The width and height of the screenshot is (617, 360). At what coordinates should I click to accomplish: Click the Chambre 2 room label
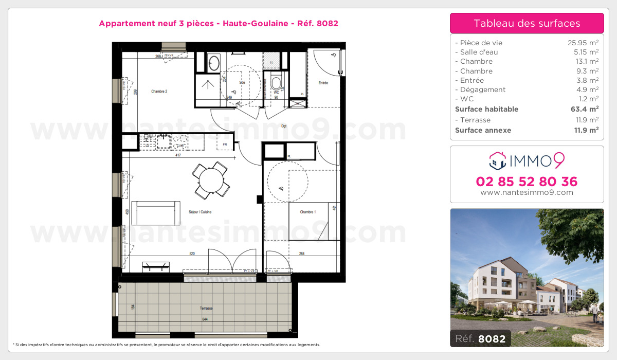pos(159,92)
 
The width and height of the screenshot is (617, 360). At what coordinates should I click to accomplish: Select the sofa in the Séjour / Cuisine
pos(156,213)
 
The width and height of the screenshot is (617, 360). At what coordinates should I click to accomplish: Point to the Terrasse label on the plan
pos(206,309)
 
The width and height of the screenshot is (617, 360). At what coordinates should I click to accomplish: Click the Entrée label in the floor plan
pos(323,83)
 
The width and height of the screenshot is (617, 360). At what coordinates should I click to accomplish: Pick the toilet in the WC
pos(276,82)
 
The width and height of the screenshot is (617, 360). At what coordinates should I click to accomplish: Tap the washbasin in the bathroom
pos(213,63)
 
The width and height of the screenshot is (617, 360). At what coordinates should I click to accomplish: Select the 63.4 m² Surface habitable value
pos(585,109)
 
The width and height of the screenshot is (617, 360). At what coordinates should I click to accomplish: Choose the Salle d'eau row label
pos(476,52)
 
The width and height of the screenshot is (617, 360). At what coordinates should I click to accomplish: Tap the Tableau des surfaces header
pos(527,23)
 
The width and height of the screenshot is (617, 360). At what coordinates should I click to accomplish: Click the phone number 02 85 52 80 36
pos(527,182)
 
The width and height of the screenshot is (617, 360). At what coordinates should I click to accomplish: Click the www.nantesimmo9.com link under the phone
pos(527,192)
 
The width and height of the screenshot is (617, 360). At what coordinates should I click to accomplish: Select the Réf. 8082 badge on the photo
pos(480,338)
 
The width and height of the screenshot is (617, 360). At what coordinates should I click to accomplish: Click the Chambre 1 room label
pos(308,212)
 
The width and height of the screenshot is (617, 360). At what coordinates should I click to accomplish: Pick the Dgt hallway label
pos(284,125)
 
